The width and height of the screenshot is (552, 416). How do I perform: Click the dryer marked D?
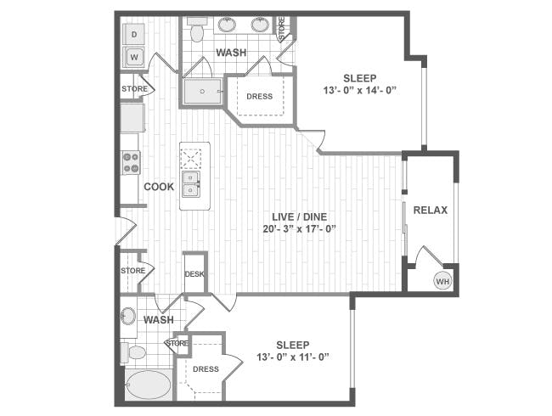pos(133,34)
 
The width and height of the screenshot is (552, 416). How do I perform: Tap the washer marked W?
pos(133,57)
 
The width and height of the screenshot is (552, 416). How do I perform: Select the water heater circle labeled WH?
pos(442,281)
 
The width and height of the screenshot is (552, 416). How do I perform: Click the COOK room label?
pos(159,187)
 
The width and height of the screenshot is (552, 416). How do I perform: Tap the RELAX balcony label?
pos(430,210)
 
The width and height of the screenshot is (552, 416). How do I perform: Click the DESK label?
pos(194,273)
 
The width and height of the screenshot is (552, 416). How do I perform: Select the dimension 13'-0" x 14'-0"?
pos(360,91)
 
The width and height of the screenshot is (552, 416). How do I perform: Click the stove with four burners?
pos(130,162)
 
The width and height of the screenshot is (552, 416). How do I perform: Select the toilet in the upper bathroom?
pos(197,31)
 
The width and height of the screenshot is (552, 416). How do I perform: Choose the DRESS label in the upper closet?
pos(259,96)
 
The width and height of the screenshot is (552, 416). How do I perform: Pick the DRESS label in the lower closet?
pos(206,368)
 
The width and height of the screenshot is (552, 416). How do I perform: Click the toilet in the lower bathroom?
pos(133,351)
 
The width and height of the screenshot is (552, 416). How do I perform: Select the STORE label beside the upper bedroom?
pos(284,28)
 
